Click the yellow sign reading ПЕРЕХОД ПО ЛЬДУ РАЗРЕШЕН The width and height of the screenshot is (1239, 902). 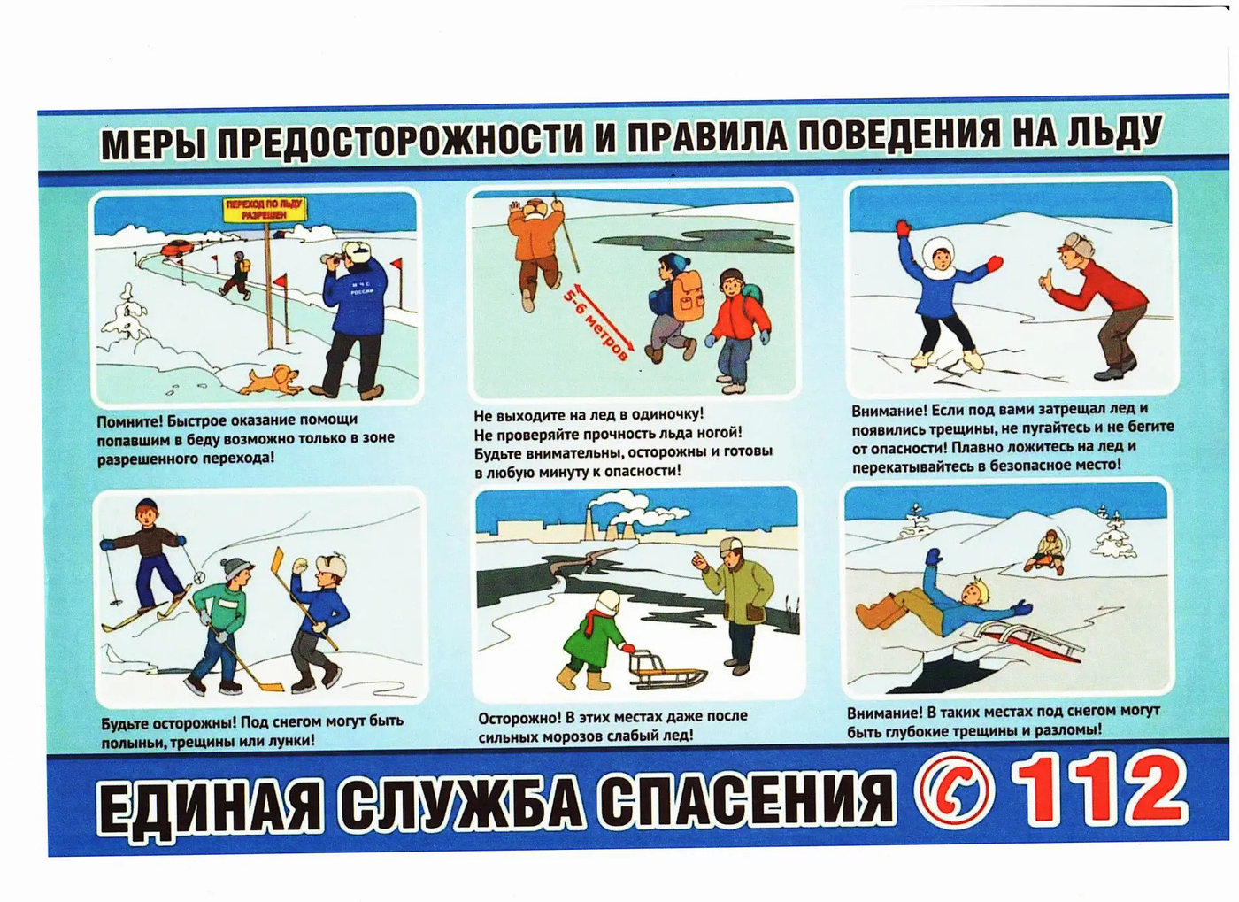point(265,209)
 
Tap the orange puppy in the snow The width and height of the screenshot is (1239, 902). point(273,379)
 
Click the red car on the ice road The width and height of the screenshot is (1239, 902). point(176,248)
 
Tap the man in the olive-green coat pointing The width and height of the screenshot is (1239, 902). point(733,603)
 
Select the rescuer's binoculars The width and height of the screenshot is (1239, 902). point(335,258)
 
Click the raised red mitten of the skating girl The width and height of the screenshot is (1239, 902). point(903,228)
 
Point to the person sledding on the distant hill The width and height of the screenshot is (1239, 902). point(1044,552)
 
